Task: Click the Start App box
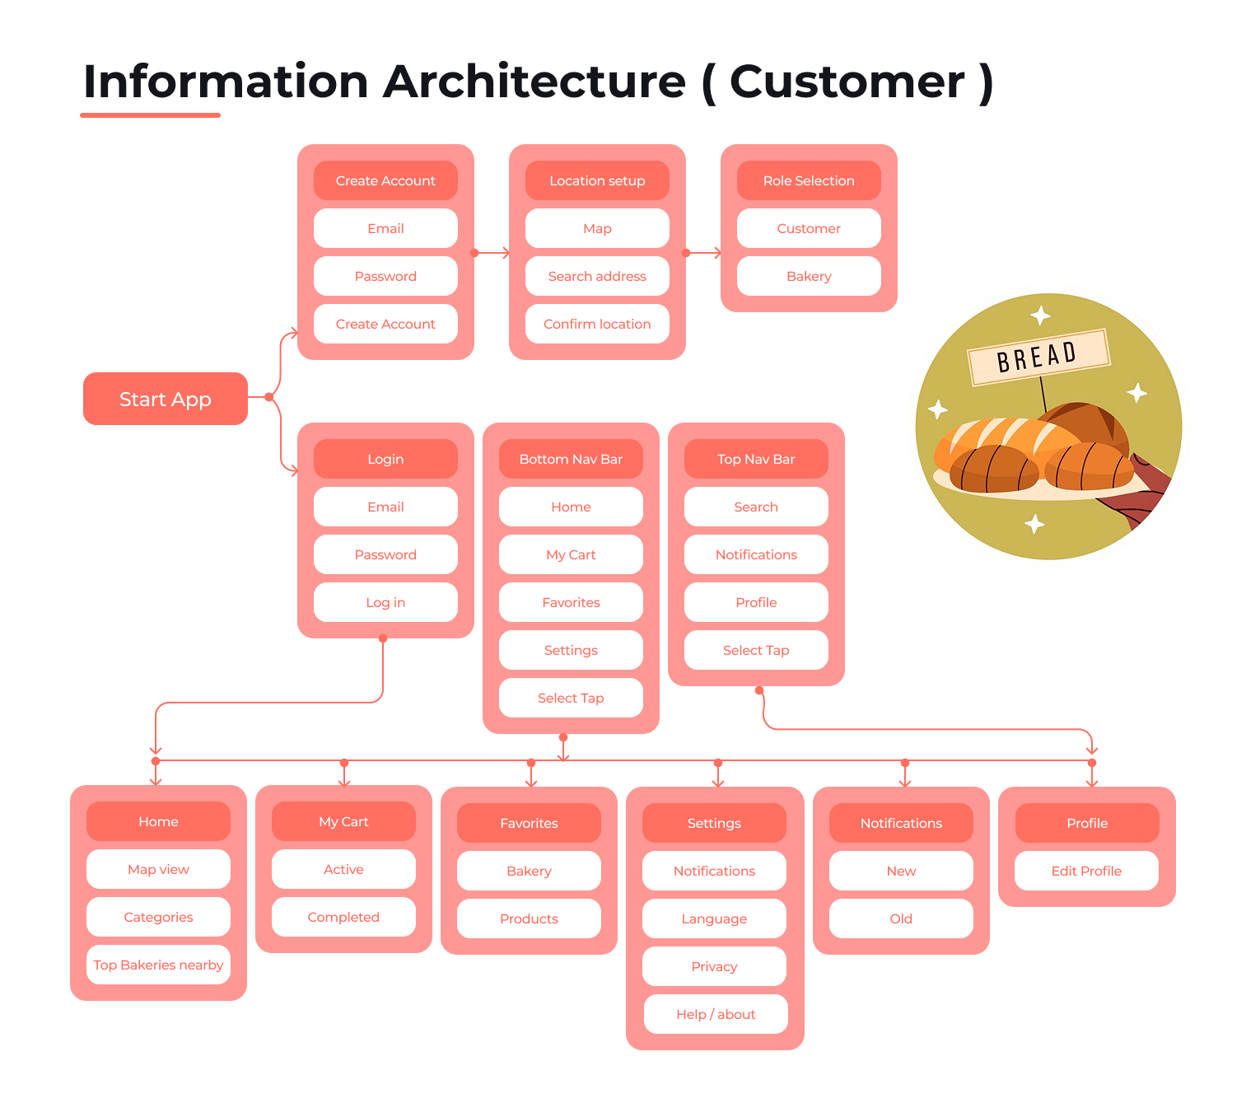(x=165, y=399)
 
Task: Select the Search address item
(x=597, y=276)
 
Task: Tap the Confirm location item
(x=597, y=324)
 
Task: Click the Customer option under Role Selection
(x=809, y=228)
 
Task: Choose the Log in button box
(x=385, y=602)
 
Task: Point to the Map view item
(x=158, y=869)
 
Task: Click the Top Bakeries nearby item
(x=158, y=965)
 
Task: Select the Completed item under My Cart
(x=343, y=917)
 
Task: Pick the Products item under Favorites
(x=529, y=918)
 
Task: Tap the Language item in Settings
(x=714, y=918)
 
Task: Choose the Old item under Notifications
(x=901, y=918)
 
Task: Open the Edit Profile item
(x=1086, y=871)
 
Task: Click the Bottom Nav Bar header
(x=571, y=459)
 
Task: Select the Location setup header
(x=597, y=180)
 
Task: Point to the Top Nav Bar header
(x=756, y=459)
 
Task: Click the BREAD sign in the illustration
(x=1038, y=357)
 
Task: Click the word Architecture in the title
(x=534, y=82)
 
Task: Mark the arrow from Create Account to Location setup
(x=492, y=253)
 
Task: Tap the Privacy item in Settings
(x=714, y=966)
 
